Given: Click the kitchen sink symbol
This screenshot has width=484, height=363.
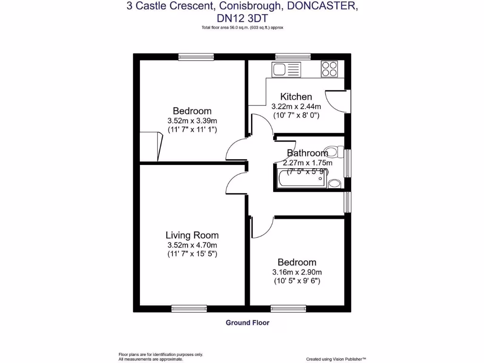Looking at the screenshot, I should point(285,69).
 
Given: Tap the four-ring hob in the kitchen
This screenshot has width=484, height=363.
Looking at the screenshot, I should point(329,69).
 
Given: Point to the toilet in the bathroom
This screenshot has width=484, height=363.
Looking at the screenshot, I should point(335,152).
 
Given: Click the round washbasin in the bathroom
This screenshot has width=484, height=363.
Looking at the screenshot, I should point(334,183).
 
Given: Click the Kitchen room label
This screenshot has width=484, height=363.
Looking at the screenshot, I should point(296,97).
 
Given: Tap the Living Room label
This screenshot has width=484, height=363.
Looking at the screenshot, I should point(192,235).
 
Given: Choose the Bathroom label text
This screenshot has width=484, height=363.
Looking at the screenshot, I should point(308,153).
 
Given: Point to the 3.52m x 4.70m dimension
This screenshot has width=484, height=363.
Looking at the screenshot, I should point(192,245).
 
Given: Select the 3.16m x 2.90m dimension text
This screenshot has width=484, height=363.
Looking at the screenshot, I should point(297,272).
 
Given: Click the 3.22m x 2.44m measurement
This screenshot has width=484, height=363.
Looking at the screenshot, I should point(296,106).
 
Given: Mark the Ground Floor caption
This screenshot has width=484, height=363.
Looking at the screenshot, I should point(247,323).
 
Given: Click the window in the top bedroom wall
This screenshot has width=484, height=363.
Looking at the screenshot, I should point(196,57).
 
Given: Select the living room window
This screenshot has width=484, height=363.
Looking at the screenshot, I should point(189,309).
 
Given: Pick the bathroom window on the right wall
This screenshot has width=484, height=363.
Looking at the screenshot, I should point(348,163).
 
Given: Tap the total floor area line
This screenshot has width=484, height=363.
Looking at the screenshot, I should point(242,28).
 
